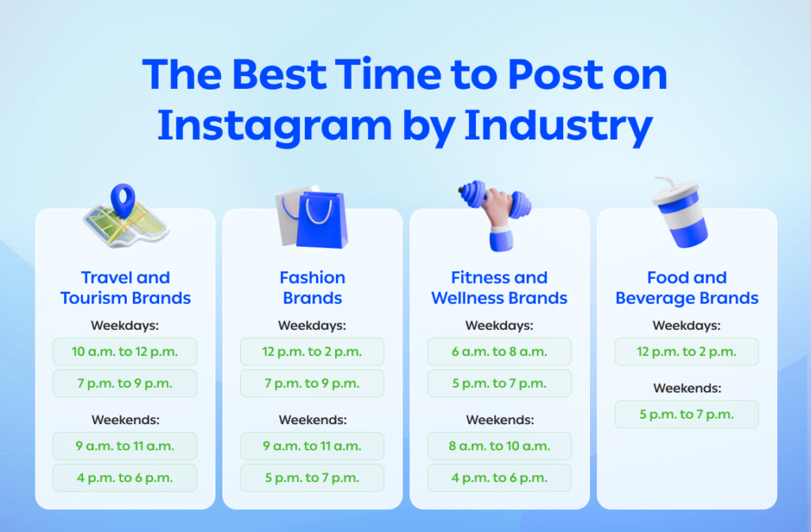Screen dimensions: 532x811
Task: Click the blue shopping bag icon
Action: coord(321,220)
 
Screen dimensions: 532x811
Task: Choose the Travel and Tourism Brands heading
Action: coord(125,288)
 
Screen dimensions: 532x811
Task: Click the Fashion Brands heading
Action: coord(312,288)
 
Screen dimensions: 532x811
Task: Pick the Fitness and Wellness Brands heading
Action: coord(499,288)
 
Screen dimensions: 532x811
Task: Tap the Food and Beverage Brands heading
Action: coord(687,288)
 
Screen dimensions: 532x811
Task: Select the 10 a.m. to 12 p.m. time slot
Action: coord(125,351)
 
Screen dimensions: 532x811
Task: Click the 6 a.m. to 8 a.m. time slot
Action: coord(499,351)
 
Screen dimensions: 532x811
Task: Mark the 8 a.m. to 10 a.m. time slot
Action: coord(499,446)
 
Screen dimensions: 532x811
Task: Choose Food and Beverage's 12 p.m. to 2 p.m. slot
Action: coord(687,351)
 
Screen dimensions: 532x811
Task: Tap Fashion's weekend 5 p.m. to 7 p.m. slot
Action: coord(312,477)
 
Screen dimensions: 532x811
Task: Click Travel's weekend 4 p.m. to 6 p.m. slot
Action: coord(125,477)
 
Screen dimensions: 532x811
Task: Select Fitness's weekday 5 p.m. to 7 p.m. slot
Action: coord(499,383)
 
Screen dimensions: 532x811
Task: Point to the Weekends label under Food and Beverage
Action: coord(687,388)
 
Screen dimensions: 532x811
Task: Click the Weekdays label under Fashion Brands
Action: coord(312,325)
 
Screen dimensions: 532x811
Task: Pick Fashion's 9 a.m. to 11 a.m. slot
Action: coord(312,446)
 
